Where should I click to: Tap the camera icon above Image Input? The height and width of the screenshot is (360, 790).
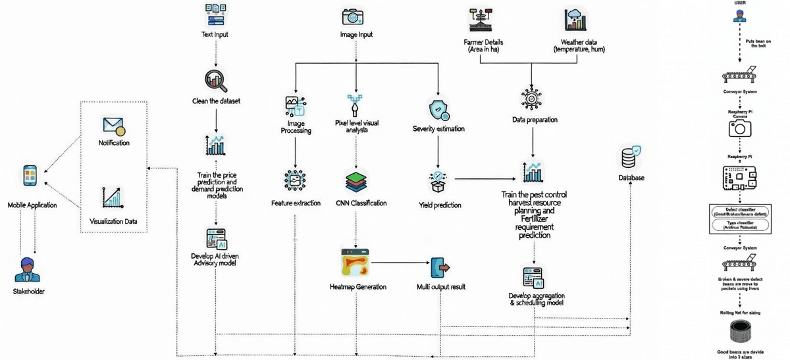(x=353, y=16)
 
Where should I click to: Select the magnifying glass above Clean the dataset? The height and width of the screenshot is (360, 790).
(x=216, y=79)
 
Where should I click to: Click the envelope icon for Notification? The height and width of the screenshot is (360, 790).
(x=113, y=126)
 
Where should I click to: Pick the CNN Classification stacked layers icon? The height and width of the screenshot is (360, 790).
(x=356, y=181)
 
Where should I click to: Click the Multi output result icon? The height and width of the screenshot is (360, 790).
(x=440, y=268)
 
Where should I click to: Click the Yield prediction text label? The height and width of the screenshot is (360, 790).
(x=440, y=205)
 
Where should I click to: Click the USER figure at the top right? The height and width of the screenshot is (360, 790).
(x=740, y=20)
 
